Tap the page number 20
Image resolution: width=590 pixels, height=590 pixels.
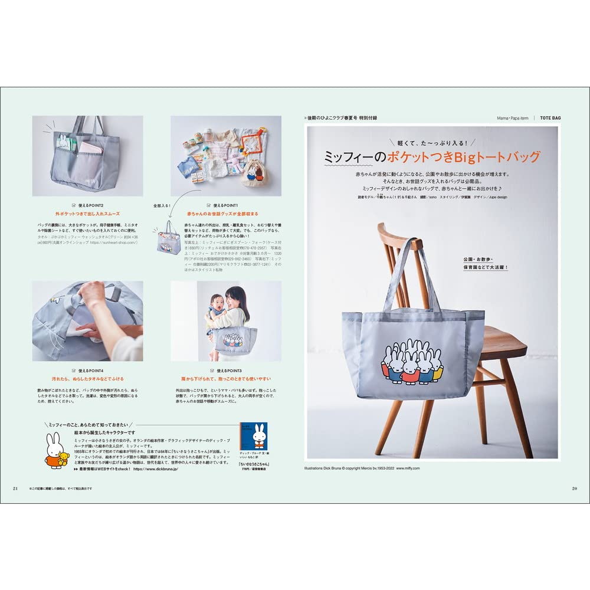pos(574,488)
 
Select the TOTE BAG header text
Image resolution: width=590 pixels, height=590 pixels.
pos(550,118)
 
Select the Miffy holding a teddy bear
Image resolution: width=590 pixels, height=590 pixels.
pos(56,451)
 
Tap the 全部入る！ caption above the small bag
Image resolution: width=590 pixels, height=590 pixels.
pos(161,206)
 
